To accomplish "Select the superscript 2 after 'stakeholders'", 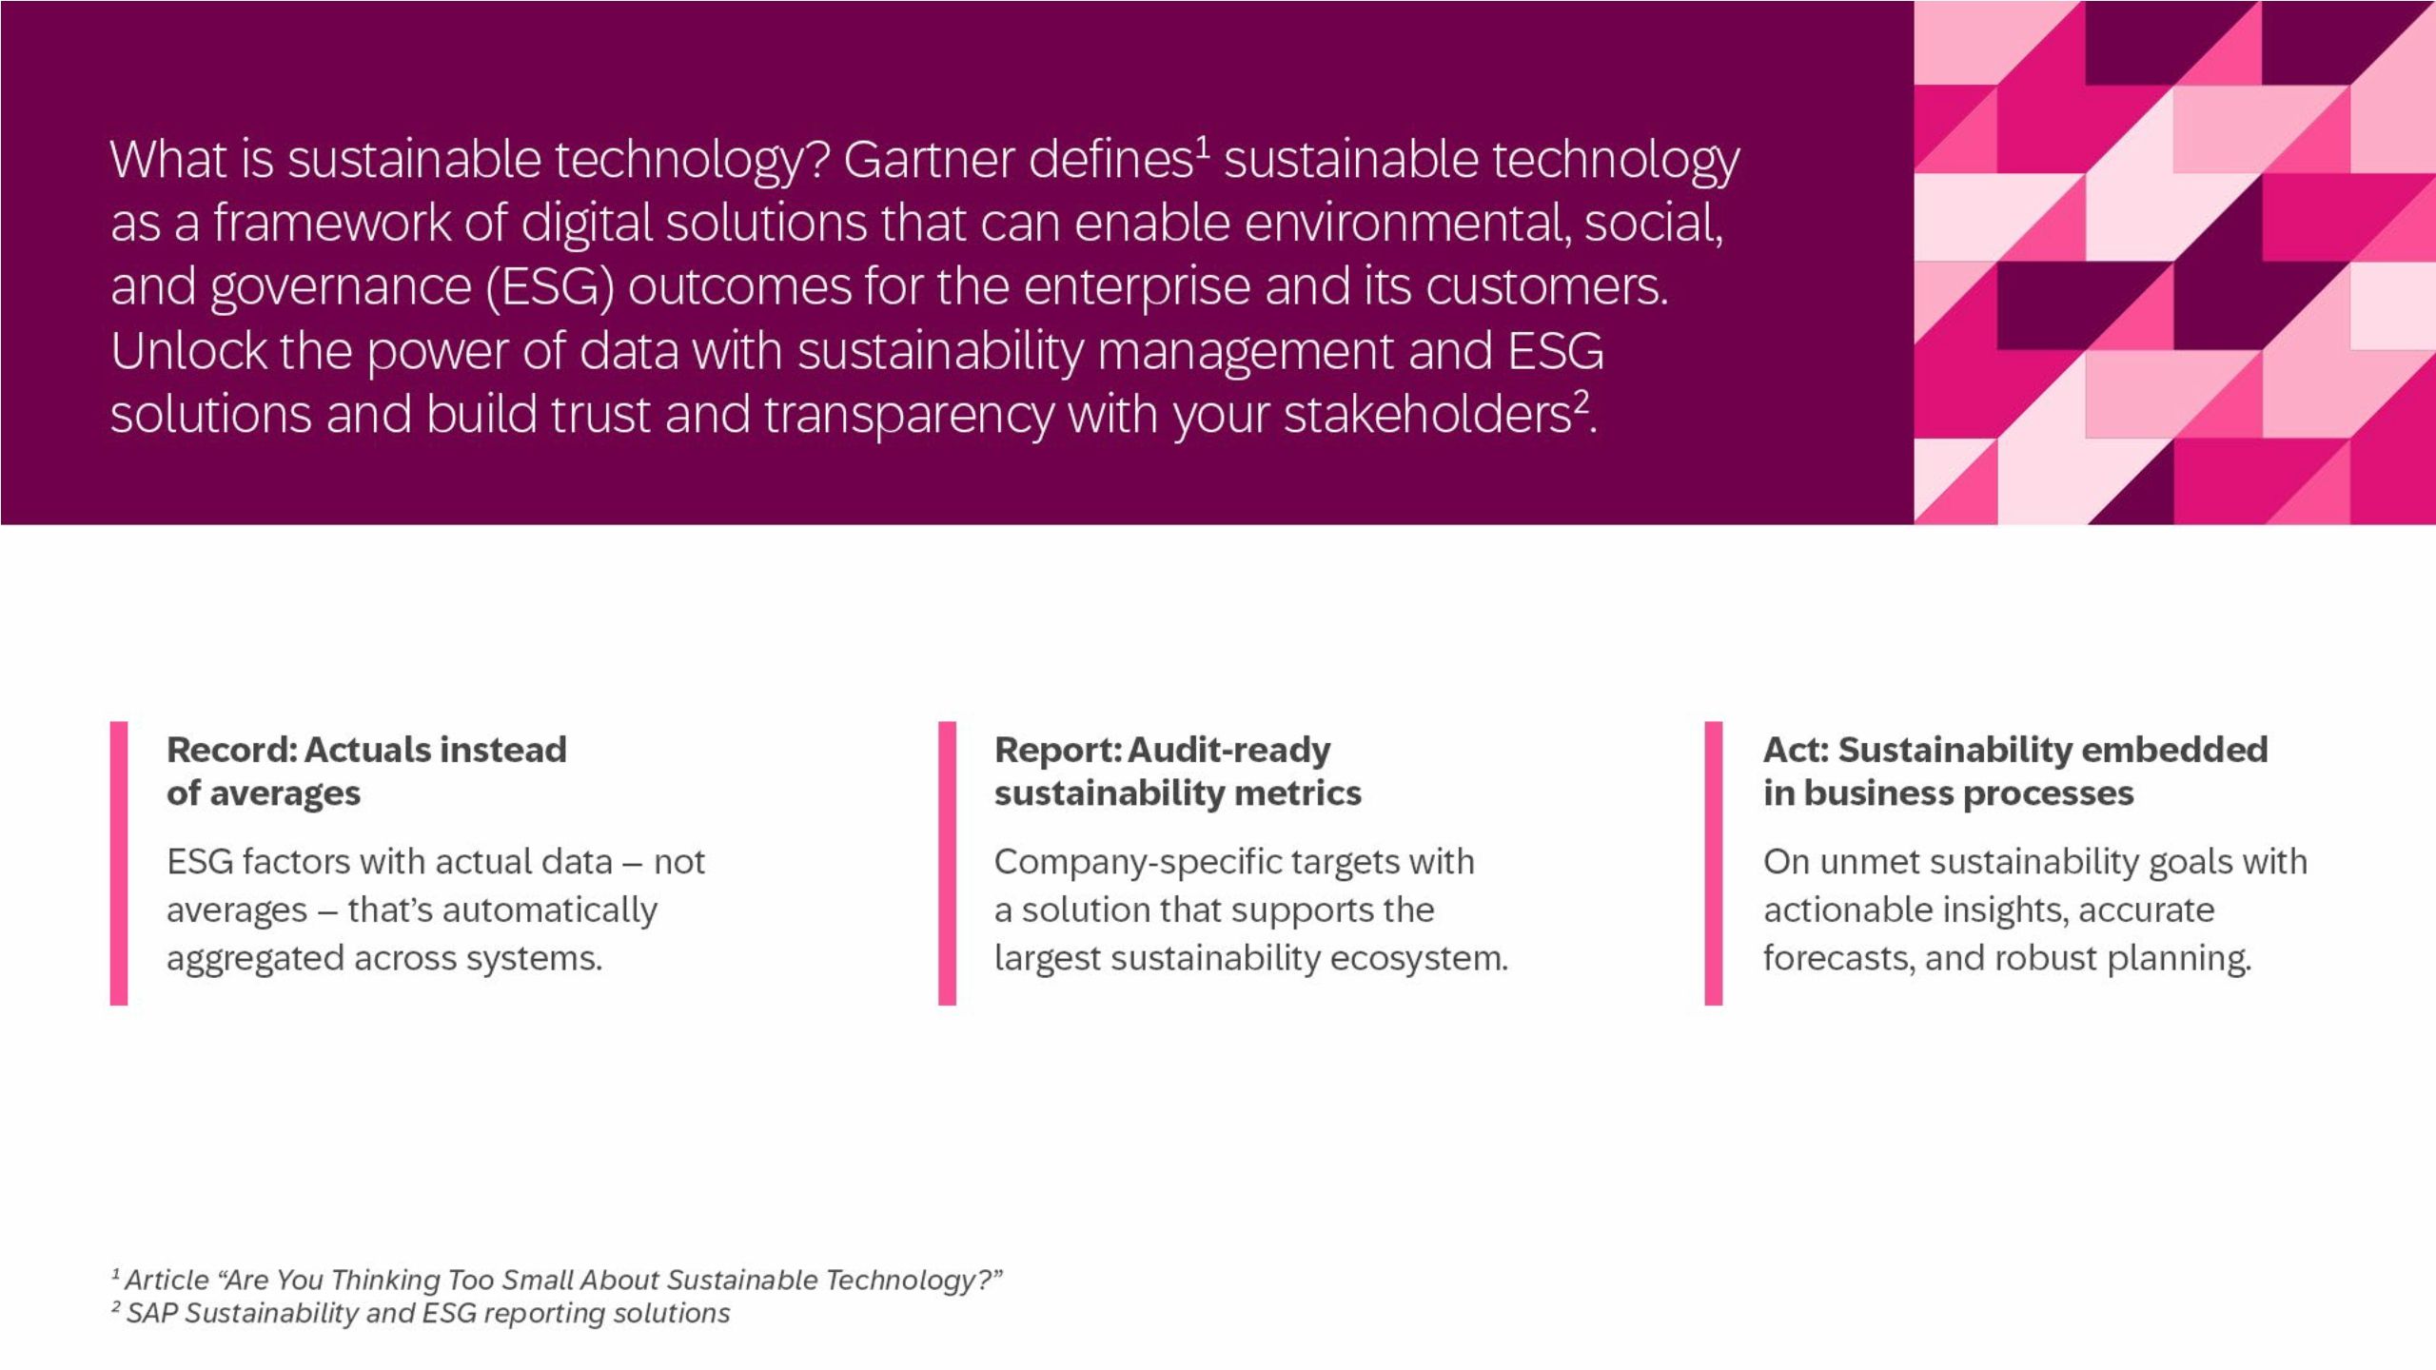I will click(1581, 401).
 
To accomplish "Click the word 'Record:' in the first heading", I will click(232, 750).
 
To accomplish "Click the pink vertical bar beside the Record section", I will click(119, 863).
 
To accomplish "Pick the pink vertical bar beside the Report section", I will click(947, 863).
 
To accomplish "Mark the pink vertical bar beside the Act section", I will click(1714, 863).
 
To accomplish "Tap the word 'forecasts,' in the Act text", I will click(1837, 958).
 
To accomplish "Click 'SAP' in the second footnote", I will click(152, 1313).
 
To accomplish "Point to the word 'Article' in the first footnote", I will click(167, 1281).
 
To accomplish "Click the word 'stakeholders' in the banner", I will click(1426, 415).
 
